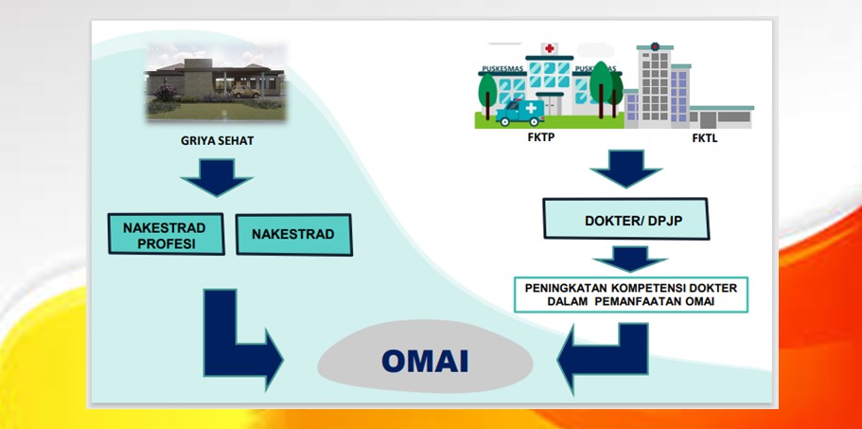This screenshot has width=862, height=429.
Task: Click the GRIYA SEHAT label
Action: pos(217,141)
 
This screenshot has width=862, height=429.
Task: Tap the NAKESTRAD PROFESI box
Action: pos(166,234)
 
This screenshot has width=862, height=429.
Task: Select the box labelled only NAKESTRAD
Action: pos(294,234)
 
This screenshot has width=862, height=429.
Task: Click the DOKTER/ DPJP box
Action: pos(626,219)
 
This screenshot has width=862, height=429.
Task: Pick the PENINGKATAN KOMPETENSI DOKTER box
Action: pos(630,295)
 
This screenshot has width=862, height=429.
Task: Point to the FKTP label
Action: pos(541,137)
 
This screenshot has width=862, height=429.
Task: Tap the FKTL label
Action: pos(704,138)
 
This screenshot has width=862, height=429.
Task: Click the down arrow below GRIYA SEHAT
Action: pos(217,177)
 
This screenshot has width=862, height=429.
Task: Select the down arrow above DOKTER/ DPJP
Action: pos(625,169)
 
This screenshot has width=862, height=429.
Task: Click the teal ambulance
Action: pos(520,112)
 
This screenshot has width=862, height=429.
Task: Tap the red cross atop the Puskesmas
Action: pos(549,48)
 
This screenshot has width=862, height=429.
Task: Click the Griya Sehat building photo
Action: pos(216,81)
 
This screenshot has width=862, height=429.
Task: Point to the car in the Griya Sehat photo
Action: pos(245,91)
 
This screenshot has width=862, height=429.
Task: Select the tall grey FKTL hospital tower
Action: pos(655,85)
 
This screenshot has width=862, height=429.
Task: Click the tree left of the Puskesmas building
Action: pos(487,97)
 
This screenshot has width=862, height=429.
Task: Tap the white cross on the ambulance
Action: pos(531,108)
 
